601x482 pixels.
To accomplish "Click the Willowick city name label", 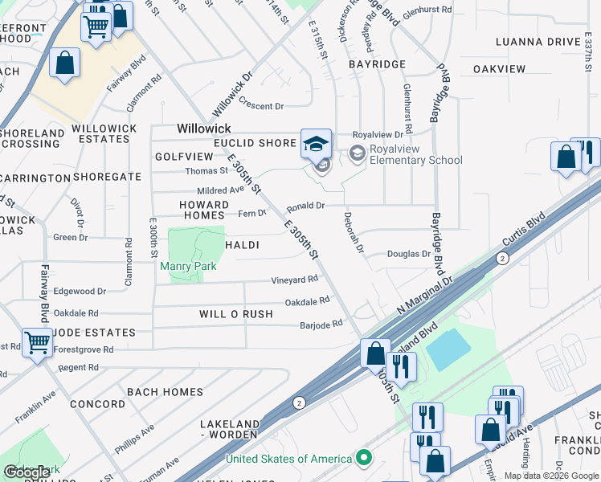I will tap(204, 129).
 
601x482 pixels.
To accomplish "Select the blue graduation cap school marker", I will tap(317, 145).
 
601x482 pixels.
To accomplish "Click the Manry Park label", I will tap(188, 266).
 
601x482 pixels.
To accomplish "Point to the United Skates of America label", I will tap(288, 459).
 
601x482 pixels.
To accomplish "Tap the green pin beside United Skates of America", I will tap(364, 459).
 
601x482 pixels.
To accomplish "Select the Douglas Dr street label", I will tap(409, 254).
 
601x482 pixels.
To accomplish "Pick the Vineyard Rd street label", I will tap(295, 280).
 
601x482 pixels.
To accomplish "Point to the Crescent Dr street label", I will tap(262, 106).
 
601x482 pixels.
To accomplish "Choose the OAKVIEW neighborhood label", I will tap(499, 70).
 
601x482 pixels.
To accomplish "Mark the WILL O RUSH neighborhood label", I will tap(236, 314).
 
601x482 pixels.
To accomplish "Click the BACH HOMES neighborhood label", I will tap(165, 392).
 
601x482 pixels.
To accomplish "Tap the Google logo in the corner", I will tap(27, 472).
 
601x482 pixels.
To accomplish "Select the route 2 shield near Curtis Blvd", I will tap(502, 258).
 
